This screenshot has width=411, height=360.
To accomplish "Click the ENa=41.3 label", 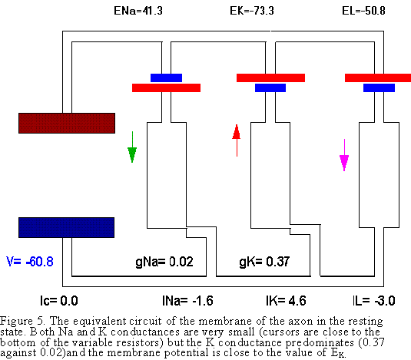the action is pyautogui.click(x=138, y=11).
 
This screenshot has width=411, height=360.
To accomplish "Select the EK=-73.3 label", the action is pyautogui.click(x=252, y=11).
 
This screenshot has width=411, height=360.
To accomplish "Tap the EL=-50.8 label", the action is pyautogui.click(x=363, y=11).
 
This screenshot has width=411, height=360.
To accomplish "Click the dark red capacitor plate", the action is pyautogui.click(x=67, y=123).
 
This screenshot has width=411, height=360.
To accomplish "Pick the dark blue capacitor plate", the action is pyautogui.click(x=67, y=227).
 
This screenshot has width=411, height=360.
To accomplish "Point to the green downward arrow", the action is pyautogui.click(x=132, y=147).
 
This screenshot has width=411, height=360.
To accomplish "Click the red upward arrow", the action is pyautogui.click(x=237, y=140).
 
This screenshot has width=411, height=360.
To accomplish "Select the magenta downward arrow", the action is pyautogui.click(x=344, y=155).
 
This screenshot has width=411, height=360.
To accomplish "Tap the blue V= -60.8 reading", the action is pyautogui.click(x=30, y=262).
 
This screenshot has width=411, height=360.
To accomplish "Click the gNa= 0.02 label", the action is pyautogui.click(x=164, y=262).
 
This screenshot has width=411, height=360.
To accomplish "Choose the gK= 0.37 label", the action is pyautogui.click(x=264, y=262).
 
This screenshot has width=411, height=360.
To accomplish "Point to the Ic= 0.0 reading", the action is pyautogui.click(x=59, y=301).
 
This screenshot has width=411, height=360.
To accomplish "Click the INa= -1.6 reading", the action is pyautogui.click(x=187, y=301).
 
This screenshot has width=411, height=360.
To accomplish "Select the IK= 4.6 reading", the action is pyautogui.click(x=286, y=301).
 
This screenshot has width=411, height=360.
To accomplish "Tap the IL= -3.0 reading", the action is pyautogui.click(x=374, y=301).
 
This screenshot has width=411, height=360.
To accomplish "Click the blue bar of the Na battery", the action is pyautogui.click(x=166, y=78).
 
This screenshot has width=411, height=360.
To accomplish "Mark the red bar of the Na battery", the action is pyautogui.click(x=166, y=88).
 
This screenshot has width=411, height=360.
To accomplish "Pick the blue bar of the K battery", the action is pyautogui.click(x=270, y=88).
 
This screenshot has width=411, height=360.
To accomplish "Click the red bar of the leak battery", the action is pyautogui.click(x=378, y=78).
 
